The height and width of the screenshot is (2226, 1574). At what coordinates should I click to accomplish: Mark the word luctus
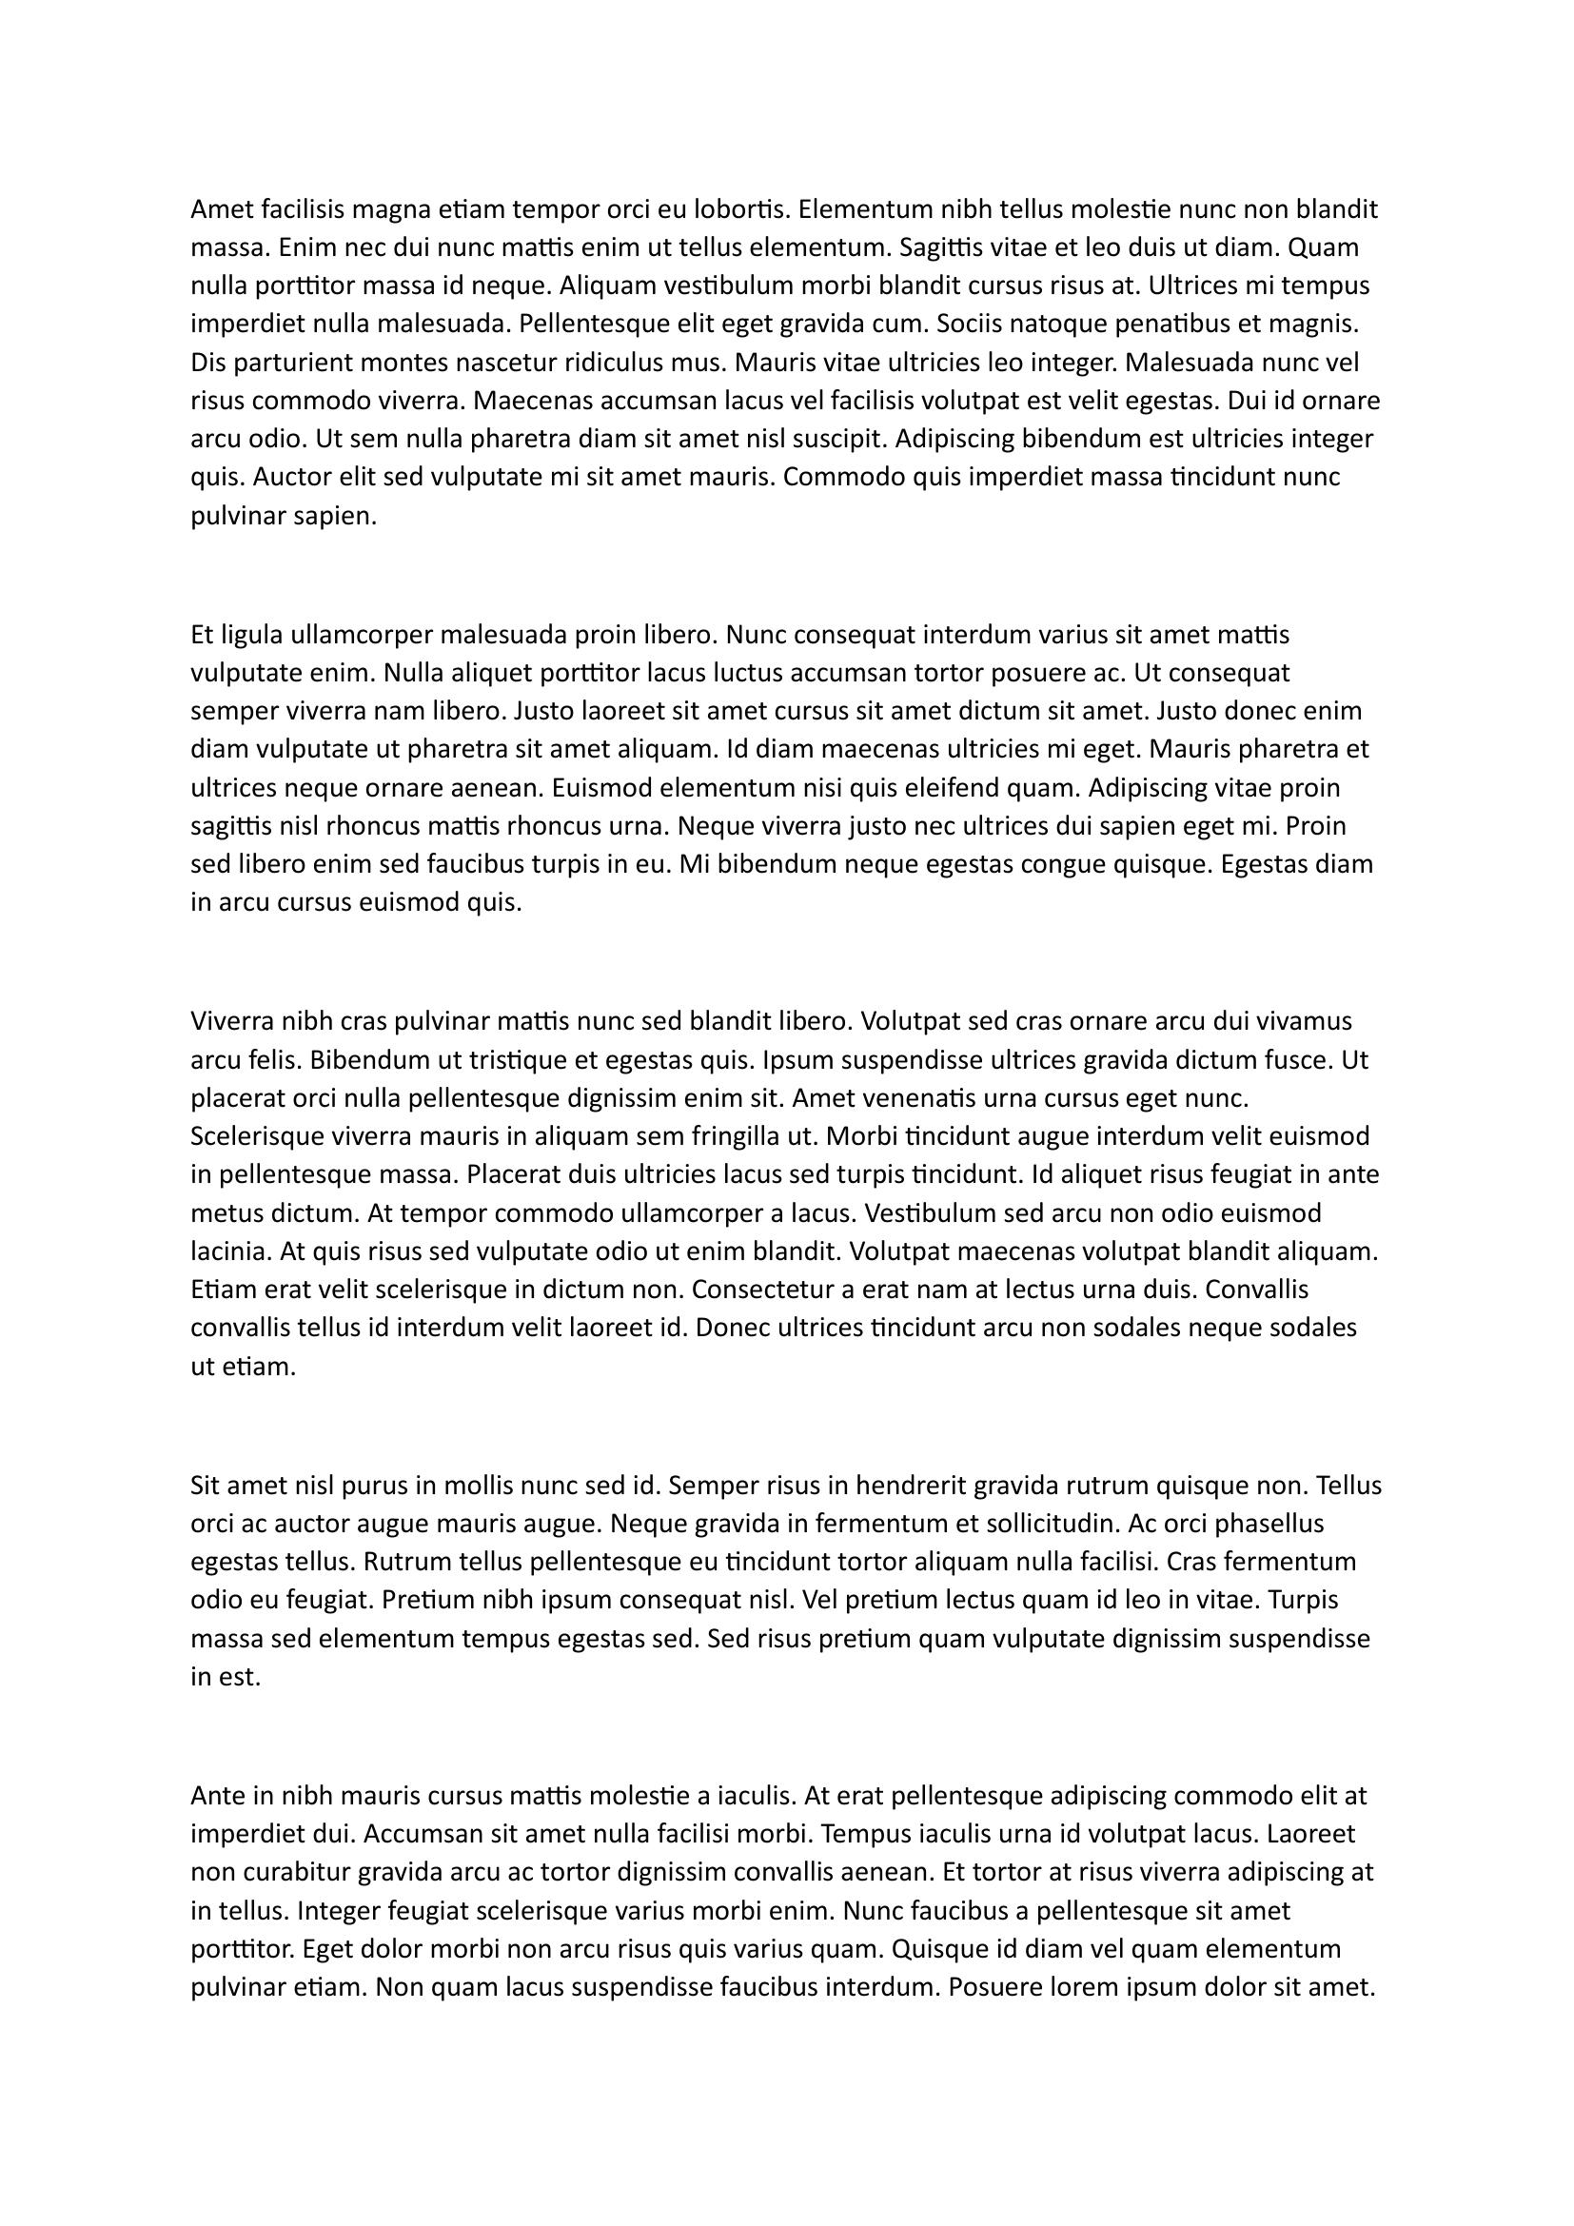750,673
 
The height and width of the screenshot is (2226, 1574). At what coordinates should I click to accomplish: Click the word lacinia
230,1251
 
